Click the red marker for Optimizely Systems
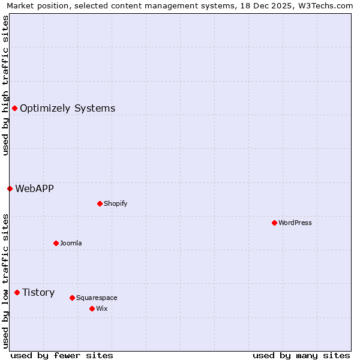pos(14,108)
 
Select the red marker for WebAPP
pos(10,188)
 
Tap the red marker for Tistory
pos(17,292)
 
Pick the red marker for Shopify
pos(100,203)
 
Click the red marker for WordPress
pos(274,223)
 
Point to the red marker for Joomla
pos(56,243)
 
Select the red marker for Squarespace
pos(72,298)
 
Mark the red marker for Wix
pos(92,308)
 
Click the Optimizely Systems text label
pos(67,109)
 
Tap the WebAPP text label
pos(34,188)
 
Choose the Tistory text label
pos(38,293)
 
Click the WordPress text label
pos(295,223)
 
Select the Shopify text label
pos(116,203)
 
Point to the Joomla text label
pos(71,243)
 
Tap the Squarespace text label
pos(97,298)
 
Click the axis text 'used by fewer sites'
pos(62,355)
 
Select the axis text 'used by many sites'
pos(301,355)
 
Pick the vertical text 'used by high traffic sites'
pos(5,86)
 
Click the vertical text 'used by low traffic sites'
pos(5,281)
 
